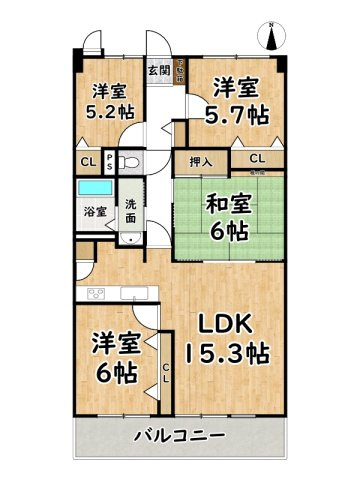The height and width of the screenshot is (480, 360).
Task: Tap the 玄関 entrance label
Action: [158, 71]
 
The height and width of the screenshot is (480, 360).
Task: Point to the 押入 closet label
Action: [200, 159]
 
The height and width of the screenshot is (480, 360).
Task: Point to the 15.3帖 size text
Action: [226, 353]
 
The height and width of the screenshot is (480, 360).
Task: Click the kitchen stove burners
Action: [97, 293]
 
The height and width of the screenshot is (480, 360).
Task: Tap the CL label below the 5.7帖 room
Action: [257, 158]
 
